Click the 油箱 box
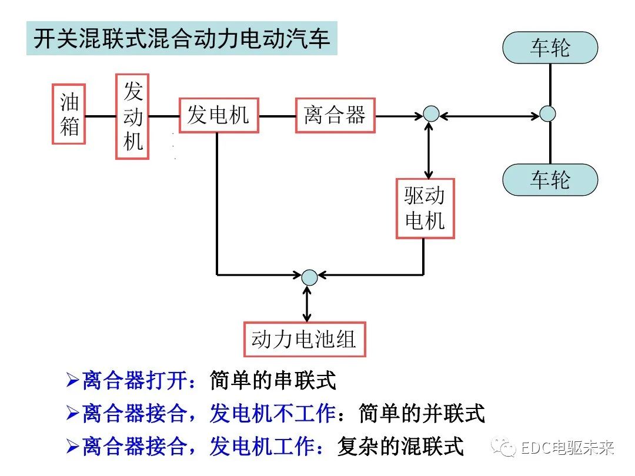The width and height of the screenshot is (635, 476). coord(69,114)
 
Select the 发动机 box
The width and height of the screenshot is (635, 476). coord(132,116)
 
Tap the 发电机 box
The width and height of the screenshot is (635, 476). coord(218,115)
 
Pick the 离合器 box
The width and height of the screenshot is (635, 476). coord(335,115)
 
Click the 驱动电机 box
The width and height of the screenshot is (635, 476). coord(425,208)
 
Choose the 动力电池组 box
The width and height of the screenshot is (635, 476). coord(305,339)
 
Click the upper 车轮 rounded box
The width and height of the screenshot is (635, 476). coord(550,48)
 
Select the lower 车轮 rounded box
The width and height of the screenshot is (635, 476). coord(550,179)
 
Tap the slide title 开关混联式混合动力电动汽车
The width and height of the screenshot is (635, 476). coord(182,39)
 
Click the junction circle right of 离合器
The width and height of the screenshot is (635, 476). coord(431,114)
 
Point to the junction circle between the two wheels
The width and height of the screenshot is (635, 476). coord(547,113)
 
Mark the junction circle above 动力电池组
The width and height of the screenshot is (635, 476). coord(309,277)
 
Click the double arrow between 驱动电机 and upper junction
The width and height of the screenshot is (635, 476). coord(429,150)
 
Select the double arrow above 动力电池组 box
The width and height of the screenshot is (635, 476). coord(307,303)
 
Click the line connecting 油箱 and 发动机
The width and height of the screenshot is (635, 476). coord(101,116)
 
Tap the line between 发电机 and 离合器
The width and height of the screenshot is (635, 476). coord(277,116)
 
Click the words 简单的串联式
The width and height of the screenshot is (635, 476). coord(273,381)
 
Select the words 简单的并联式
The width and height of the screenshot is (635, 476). coord(422,414)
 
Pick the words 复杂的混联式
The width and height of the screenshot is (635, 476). coord(400,447)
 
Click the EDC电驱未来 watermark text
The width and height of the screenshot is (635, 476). coord(567,448)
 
